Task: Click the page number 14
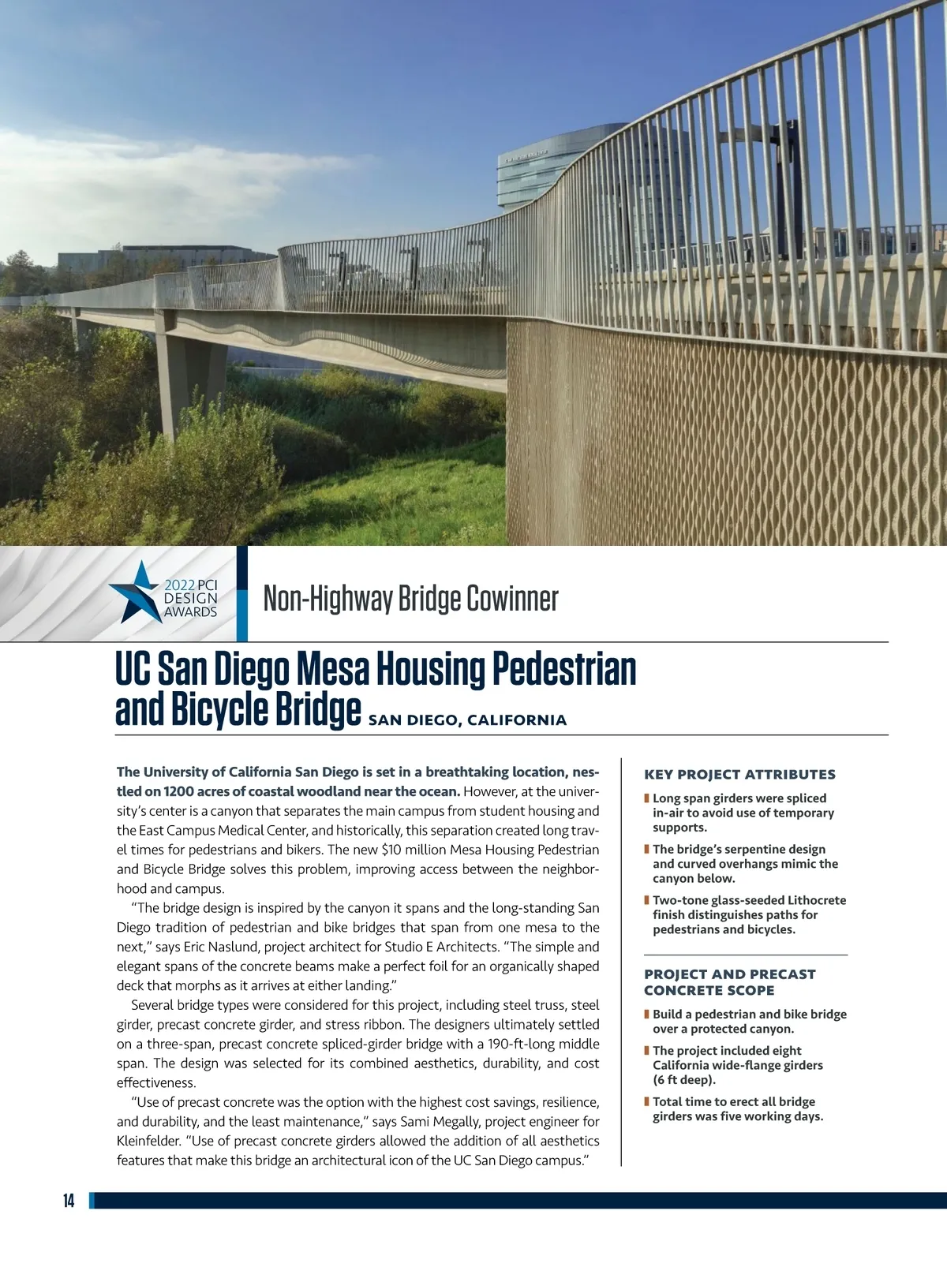pyautogui.click(x=69, y=1202)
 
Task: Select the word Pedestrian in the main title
pyautogui.click(x=564, y=669)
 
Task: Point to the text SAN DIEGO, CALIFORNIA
pyautogui.click(x=467, y=720)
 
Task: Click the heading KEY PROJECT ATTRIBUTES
pyautogui.click(x=739, y=775)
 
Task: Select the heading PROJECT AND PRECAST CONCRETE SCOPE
pyautogui.click(x=729, y=982)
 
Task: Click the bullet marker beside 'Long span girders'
pyautogui.click(x=646, y=798)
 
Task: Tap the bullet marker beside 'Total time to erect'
pyautogui.click(x=646, y=1101)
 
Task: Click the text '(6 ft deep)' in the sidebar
pyautogui.click(x=684, y=1079)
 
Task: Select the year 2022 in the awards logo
pyautogui.click(x=179, y=585)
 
